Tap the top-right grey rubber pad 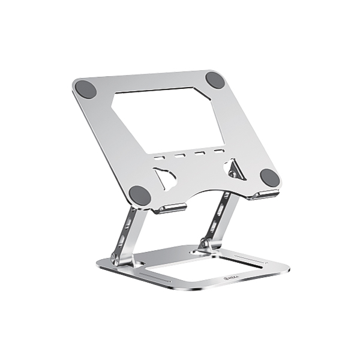215,80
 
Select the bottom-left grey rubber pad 140,194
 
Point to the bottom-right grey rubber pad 269,177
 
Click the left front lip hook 169,208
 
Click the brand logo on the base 229,277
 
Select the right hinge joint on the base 205,243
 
